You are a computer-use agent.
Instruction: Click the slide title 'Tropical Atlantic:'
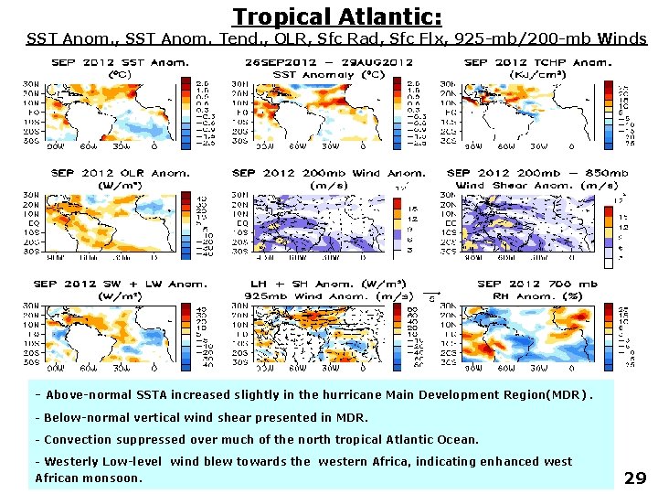click(x=337, y=16)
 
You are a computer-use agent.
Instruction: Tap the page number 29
click(x=635, y=478)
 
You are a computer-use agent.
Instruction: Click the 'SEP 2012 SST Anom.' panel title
click(x=120, y=62)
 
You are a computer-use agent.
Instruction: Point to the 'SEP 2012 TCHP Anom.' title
click(x=537, y=62)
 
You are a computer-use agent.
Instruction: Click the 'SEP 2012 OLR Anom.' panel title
click(x=120, y=172)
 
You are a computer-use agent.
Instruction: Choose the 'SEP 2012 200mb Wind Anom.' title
click(x=329, y=172)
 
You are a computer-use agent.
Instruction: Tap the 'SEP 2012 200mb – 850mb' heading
click(x=537, y=172)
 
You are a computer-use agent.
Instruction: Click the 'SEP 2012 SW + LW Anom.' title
click(x=120, y=284)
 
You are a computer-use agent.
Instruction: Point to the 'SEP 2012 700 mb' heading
click(x=537, y=284)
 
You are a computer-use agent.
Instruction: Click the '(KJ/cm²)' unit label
click(x=537, y=73)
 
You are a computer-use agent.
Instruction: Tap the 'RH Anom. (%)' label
click(x=537, y=295)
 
